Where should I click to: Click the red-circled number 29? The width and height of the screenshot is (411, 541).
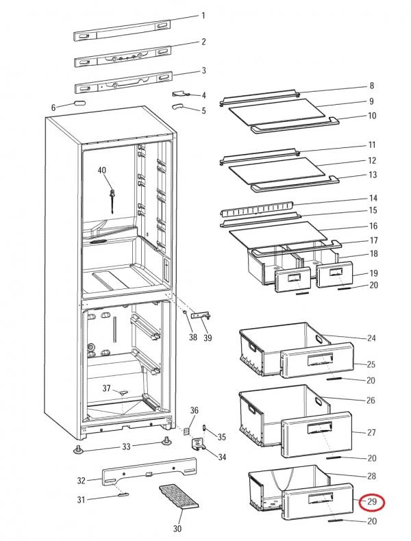tap(372, 501)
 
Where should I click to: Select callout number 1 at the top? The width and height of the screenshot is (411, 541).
tap(203, 16)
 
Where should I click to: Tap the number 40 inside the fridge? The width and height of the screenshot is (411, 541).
tap(102, 170)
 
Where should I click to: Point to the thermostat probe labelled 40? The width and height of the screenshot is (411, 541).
tap(112, 201)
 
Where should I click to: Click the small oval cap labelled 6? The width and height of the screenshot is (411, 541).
tap(79, 103)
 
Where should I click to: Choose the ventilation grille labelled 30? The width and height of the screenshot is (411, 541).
tap(179, 496)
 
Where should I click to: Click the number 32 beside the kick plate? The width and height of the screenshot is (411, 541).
tap(81, 480)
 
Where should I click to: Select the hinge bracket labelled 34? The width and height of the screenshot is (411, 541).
tap(198, 444)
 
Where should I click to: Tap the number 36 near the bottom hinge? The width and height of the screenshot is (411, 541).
tap(195, 410)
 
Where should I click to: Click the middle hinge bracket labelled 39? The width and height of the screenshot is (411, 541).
tap(201, 316)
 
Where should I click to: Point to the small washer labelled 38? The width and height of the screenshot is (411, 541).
tap(186, 312)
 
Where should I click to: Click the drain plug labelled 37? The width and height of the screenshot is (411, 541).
tap(123, 392)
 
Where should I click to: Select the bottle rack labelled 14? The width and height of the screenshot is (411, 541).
tap(257, 209)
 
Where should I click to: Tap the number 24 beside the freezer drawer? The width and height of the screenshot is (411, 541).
tap(371, 338)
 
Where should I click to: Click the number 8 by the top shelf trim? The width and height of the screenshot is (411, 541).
tap(372, 86)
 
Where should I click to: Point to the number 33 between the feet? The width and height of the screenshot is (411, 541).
tap(126, 446)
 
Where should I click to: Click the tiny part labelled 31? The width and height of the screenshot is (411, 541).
tap(123, 494)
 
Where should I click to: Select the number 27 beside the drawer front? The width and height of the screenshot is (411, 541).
tap(371, 432)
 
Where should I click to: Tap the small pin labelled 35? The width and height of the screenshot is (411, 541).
tap(204, 427)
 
